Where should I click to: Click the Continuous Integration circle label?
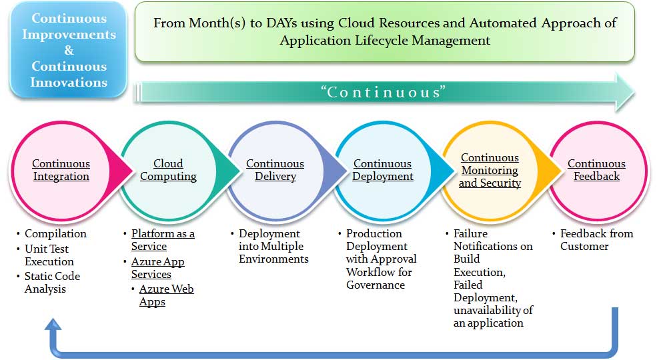[61, 170]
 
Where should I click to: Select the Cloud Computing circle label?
[168, 170]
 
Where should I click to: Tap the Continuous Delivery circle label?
[275, 170]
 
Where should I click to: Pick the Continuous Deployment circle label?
[382, 170]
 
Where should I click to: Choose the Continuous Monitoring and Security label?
[490, 170]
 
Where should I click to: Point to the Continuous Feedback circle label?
[596, 170]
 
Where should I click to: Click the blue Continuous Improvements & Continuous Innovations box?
[69, 50]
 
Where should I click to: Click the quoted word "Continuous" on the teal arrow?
[384, 92]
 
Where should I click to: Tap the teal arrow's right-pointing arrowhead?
[625, 92]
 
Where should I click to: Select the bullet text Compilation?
[55, 234]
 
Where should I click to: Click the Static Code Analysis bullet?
[52, 283]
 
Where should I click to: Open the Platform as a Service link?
[163, 240]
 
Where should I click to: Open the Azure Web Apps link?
[166, 295]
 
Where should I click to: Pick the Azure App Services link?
[157, 268]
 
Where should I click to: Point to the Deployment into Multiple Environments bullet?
[273, 246]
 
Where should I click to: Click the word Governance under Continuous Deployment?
[376, 285]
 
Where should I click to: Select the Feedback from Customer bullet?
[596, 240]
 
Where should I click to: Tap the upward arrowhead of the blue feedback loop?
[53, 324]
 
